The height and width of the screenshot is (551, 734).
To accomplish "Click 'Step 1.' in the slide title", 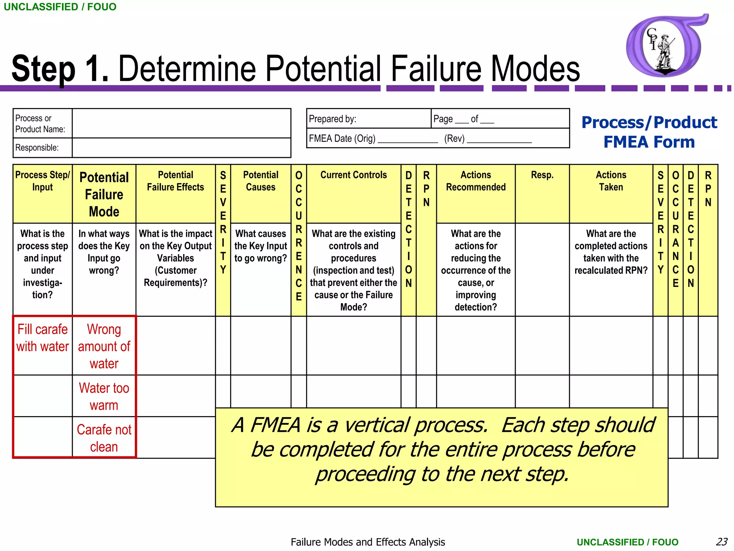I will [60, 69].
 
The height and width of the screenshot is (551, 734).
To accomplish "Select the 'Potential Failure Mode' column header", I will [104, 194].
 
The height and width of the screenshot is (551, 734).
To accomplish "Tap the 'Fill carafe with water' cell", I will [42, 338].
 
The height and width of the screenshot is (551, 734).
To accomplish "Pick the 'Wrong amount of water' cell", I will [104, 346].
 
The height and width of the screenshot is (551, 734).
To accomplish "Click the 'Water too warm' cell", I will [104, 396].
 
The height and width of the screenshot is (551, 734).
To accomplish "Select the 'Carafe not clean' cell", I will [104, 438].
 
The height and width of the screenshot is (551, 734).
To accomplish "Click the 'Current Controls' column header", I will [353, 175].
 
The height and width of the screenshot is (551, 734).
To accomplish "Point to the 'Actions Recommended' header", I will [476, 181].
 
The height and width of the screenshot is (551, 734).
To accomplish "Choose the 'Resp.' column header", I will [542, 175].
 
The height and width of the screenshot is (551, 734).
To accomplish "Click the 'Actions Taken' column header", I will [611, 181].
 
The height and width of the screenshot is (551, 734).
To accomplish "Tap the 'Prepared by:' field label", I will [333, 119].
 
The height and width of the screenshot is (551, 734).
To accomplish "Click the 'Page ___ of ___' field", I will [464, 119].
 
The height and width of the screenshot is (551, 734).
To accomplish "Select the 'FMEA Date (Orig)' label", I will [342, 138].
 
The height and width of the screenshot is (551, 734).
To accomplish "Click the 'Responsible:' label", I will [37, 148].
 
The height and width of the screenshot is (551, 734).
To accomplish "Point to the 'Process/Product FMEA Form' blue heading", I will [649, 132].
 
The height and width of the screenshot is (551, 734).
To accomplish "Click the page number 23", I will [721, 542].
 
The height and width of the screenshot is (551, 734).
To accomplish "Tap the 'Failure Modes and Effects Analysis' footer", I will [368, 542].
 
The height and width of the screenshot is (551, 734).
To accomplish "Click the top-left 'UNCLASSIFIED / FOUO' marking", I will [60, 7].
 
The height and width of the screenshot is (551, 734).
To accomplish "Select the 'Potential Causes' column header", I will [261, 181].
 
